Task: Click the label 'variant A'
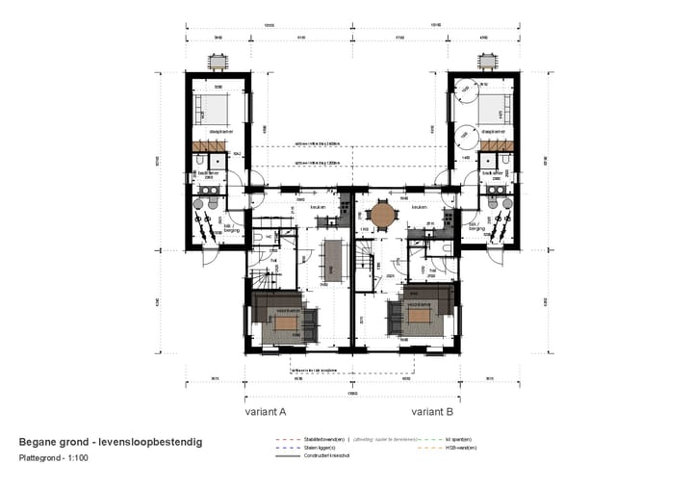point(266,411)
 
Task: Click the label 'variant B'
point(432,411)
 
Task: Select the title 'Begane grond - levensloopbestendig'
point(111,442)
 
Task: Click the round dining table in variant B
point(383,214)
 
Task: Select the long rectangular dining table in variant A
point(333,257)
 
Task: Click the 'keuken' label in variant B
point(419,207)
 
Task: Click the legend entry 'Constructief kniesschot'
point(327,455)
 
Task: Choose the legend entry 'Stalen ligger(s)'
point(321,448)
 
